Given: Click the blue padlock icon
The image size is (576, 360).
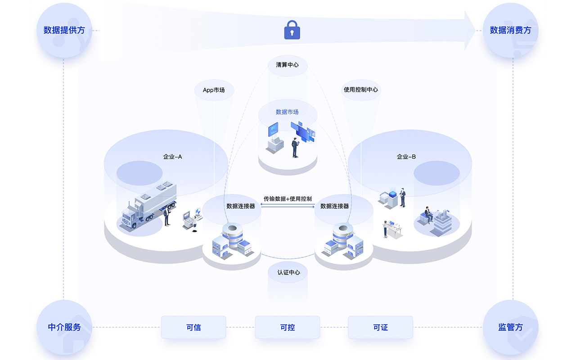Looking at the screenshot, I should pos(292,30).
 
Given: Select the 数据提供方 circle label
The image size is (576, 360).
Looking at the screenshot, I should pos(64,30).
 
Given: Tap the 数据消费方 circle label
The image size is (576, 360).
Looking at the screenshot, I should pos(510,30).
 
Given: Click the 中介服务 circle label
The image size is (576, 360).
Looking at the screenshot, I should pos(64,327).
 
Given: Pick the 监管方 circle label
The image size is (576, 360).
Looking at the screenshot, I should pos(510,327).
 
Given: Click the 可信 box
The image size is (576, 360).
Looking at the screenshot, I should pos(193,327).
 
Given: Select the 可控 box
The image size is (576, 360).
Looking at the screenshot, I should pos(288,327).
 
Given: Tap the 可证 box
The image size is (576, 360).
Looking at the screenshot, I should pos(380,327).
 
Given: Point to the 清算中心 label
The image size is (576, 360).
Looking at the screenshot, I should pos(287,65).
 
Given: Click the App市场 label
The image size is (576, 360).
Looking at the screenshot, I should pos(214,90).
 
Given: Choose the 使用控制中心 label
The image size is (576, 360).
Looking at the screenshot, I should pos(361,90).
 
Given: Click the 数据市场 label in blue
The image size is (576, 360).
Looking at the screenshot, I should pos(287,112).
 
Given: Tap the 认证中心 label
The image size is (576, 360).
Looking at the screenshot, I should pos(288,272).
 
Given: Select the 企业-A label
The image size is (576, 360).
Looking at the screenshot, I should pos(172,157).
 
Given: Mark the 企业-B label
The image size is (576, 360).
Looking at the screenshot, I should pos(406,157).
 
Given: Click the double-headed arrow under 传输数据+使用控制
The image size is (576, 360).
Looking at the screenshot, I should pos(288,206).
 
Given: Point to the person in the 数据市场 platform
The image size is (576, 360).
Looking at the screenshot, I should pos(295,147).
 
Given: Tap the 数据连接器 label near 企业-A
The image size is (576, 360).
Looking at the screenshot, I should pos(241,206).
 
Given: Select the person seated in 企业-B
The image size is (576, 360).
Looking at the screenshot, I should pos(428,215).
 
